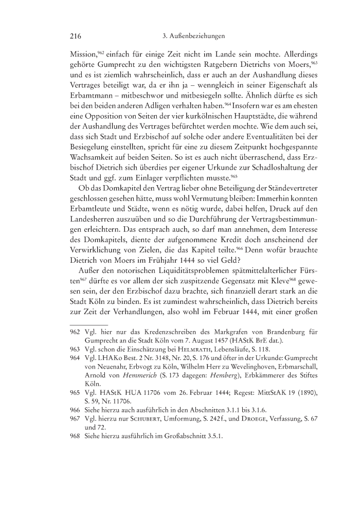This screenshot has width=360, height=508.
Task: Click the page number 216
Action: click(76, 37)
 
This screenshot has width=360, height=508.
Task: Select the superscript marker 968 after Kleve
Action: click(268, 281)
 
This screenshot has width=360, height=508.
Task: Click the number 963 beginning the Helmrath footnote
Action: click(76, 349)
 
